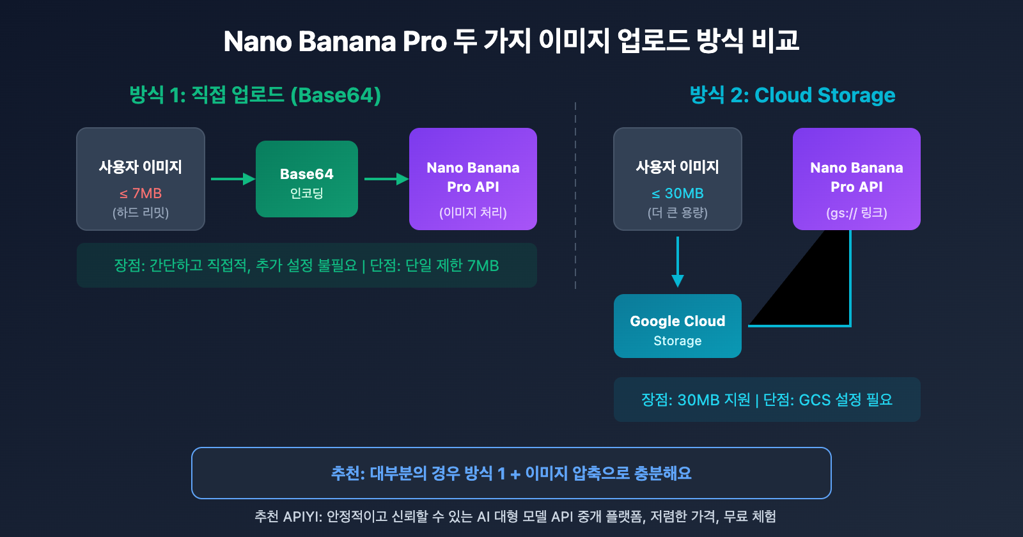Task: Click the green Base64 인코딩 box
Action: point(307,179)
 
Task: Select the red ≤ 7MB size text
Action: point(141,193)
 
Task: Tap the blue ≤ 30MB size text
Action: point(678,193)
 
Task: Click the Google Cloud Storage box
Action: point(678,326)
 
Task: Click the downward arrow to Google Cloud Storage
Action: point(678,262)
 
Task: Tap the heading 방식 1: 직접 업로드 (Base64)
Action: point(255,95)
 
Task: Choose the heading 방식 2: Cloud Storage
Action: point(792,95)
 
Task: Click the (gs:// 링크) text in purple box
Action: point(857,213)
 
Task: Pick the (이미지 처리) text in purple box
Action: point(473,213)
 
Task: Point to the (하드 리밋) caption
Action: point(141,213)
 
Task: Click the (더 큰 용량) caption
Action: point(678,213)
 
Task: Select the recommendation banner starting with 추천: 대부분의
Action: point(511,473)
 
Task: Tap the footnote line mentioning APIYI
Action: point(515,517)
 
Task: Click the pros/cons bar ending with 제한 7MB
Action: point(307,265)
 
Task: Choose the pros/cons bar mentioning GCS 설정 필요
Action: point(767,400)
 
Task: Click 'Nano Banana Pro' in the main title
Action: point(334,42)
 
